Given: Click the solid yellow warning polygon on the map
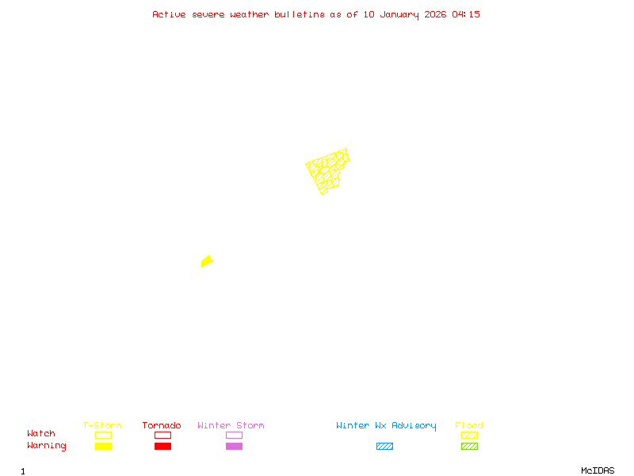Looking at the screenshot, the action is click(207, 261).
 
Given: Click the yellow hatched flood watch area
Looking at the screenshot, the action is click(327, 171).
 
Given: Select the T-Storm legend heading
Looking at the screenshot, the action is click(102, 426).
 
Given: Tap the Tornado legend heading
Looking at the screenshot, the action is click(162, 426).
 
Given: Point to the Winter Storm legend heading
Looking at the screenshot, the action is click(231, 426).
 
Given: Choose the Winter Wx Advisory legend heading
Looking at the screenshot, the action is click(386, 426).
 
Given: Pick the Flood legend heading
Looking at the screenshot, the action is click(469, 426).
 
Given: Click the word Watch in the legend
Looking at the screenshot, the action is click(41, 434).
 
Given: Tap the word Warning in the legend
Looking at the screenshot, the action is click(47, 446).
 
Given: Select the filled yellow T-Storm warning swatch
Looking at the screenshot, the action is click(103, 447).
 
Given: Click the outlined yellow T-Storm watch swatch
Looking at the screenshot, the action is click(103, 435).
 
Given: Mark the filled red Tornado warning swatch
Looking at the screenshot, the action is click(162, 447).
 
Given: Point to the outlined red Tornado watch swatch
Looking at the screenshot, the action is click(162, 435).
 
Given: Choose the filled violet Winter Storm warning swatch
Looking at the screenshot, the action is click(234, 447).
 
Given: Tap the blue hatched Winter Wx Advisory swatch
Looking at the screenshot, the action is click(384, 447).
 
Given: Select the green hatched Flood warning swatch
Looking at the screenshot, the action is click(469, 447).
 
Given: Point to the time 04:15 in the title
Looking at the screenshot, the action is click(466, 14).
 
